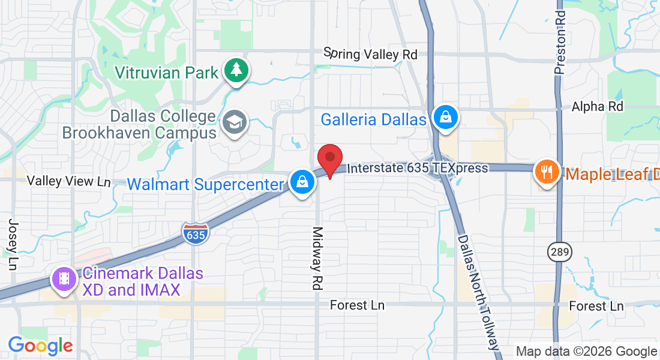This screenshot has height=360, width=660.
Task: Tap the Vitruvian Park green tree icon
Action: (237, 71)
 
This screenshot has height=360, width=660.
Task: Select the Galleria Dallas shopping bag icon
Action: (446, 116)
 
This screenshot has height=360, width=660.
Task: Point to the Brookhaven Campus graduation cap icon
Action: (234, 123)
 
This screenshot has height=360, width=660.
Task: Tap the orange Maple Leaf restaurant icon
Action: (547, 173)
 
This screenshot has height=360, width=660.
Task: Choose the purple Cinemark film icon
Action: (64, 279)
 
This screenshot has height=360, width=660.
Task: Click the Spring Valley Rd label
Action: (370, 55)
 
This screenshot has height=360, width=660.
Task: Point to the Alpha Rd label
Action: (598, 106)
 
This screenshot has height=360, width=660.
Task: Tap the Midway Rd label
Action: (317, 258)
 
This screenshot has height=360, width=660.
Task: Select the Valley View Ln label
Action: (69, 181)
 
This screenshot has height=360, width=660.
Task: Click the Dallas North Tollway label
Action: (478, 292)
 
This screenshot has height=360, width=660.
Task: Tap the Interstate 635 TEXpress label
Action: (418, 168)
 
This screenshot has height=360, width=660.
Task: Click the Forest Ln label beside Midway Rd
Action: (357, 305)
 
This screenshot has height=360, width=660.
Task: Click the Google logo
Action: (40, 346)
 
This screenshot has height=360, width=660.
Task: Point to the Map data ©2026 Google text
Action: (587, 352)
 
